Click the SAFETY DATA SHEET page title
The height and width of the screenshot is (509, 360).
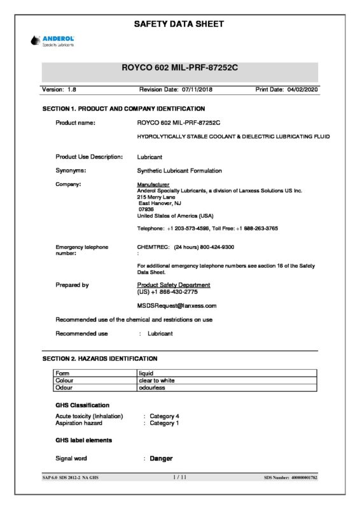point(179,24)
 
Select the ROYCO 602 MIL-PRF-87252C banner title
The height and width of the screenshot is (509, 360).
point(179,67)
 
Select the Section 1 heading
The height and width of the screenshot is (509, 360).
point(123,109)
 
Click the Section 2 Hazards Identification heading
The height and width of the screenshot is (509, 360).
point(99,359)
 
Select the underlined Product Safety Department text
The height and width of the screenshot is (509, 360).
point(174,284)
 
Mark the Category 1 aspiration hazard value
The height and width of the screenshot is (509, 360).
point(164,423)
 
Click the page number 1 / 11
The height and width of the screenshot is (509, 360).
point(179,477)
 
